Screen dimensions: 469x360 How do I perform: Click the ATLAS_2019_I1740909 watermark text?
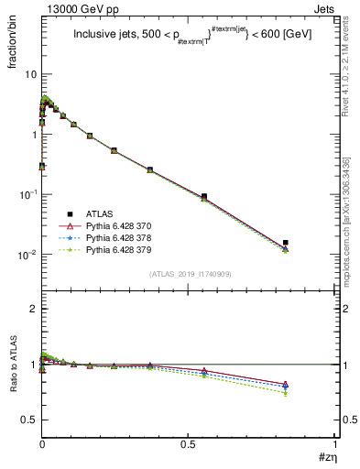[x=189, y=274]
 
